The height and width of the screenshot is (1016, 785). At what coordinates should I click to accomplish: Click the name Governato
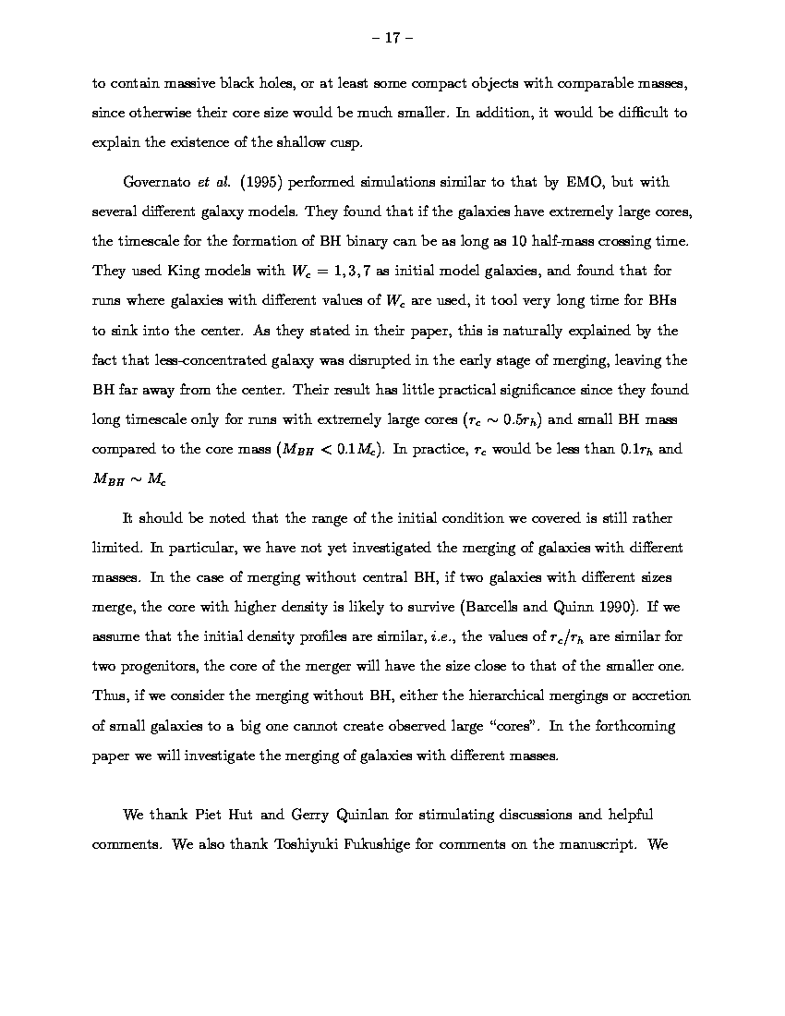(157, 182)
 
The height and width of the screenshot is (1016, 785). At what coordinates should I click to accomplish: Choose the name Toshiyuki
(310, 844)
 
